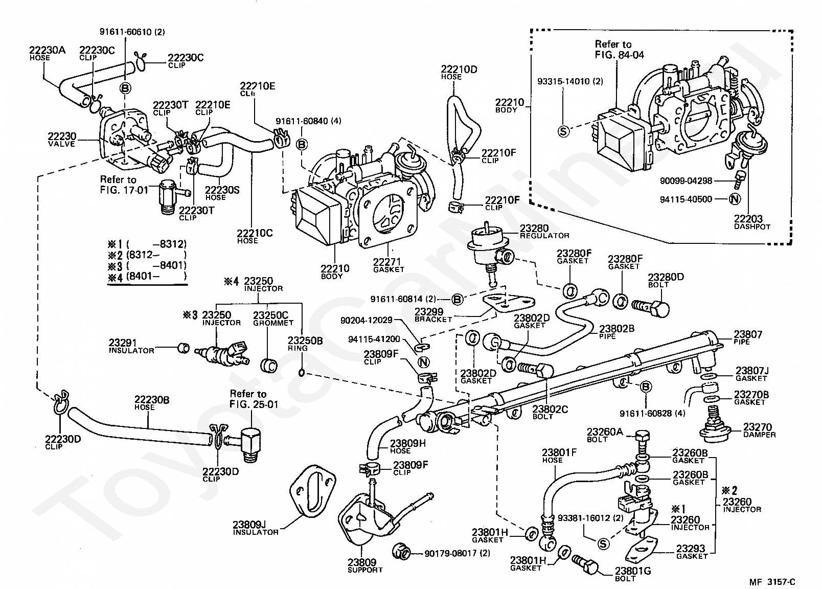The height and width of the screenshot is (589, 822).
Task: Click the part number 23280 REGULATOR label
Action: (544, 231)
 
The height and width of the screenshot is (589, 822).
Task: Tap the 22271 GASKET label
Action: (389, 265)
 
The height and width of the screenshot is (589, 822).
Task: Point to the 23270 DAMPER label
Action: (759, 430)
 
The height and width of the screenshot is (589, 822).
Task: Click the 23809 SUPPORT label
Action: (365, 565)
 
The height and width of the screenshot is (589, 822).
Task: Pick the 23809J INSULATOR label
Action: (256, 528)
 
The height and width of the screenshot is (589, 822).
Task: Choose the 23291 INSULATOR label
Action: (131, 346)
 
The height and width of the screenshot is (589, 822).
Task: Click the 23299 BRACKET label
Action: (432, 314)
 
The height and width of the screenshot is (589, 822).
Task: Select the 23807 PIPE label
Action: (748, 337)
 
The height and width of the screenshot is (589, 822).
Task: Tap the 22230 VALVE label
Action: (62, 140)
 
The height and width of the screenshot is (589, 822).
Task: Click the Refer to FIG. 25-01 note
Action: (248, 398)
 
